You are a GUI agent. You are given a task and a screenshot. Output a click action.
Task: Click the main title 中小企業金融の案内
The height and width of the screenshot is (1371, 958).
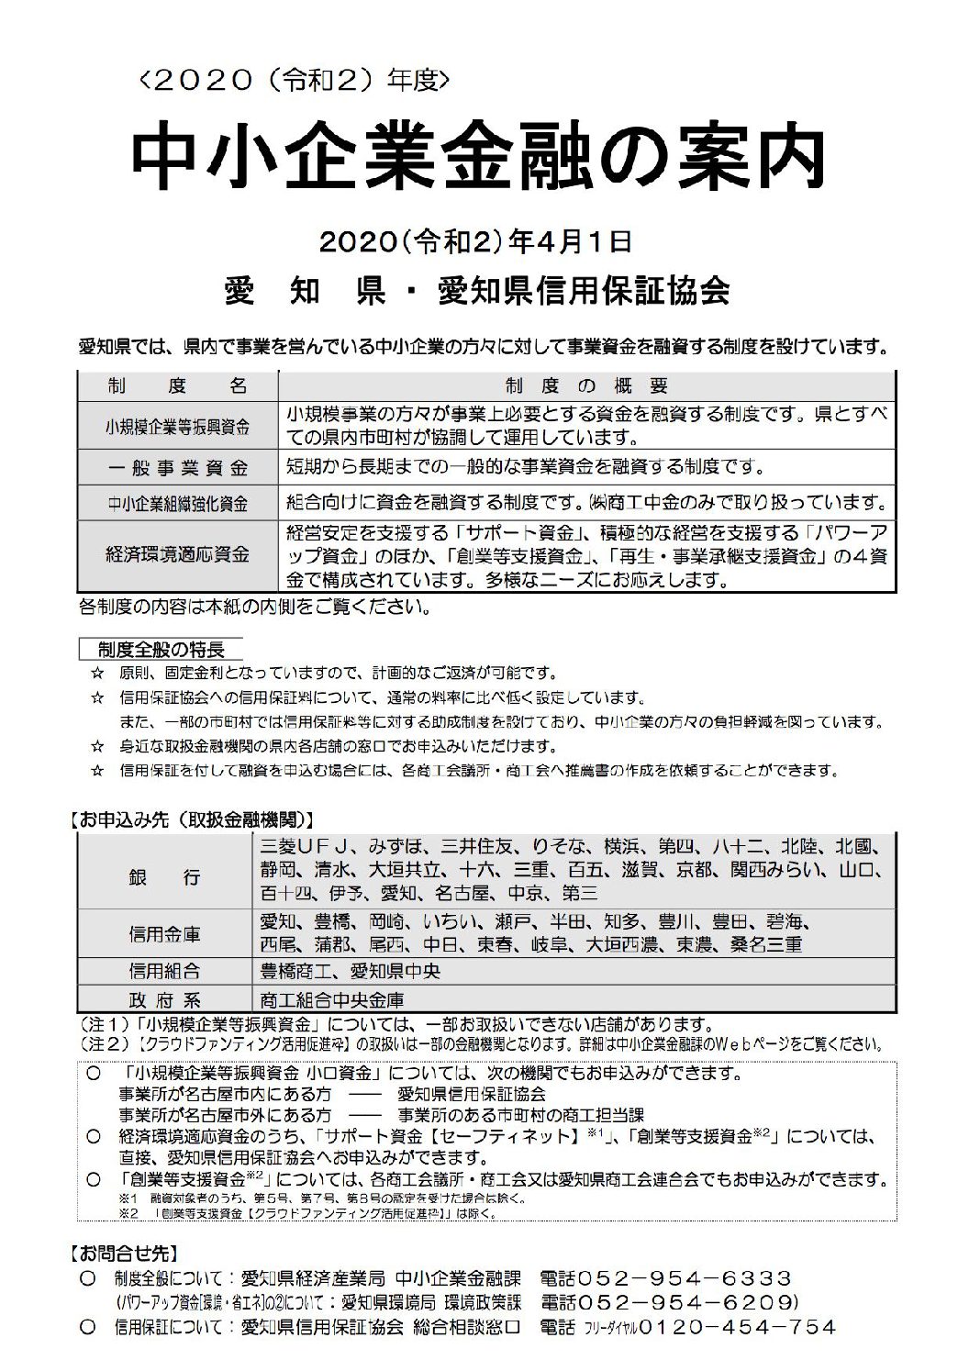pos(478,159)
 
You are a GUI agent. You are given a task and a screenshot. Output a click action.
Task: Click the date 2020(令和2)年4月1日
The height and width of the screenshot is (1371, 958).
pos(475,242)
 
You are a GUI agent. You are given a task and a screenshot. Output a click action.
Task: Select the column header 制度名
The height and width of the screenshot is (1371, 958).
pos(177,385)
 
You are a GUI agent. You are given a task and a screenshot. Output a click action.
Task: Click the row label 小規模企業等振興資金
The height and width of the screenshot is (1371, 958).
pos(177,427)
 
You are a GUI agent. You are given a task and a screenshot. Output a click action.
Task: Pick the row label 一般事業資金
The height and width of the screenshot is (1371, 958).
pos(177,467)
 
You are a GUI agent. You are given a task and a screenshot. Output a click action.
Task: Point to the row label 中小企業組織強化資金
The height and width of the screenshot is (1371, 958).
pos(177,503)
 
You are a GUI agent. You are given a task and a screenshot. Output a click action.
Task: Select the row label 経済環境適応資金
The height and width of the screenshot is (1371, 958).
pos(177,555)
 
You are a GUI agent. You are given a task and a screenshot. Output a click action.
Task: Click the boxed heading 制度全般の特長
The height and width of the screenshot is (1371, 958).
pos(162,650)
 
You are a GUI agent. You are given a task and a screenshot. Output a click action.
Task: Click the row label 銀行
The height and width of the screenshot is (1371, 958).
pos(164,877)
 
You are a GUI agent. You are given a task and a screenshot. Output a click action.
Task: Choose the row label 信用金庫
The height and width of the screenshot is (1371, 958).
pos(164,935)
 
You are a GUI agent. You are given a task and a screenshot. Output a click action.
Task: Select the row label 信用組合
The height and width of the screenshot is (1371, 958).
pos(164,971)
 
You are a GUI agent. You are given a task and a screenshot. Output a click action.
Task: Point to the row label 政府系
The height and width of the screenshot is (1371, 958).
pos(164,999)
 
